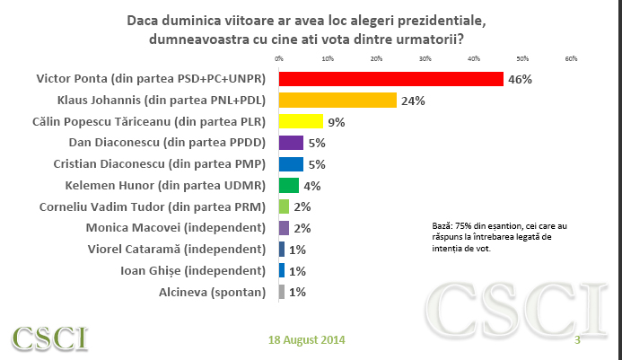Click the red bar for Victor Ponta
tap(390, 79)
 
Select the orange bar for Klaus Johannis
tap(337, 100)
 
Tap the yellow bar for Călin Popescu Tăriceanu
tap(301, 121)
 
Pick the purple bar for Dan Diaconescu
tap(291, 143)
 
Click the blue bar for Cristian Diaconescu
tap(291, 164)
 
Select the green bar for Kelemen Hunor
tap(289, 186)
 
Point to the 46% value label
tap(520, 79)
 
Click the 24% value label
tap(413, 101)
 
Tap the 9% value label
tap(337, 122)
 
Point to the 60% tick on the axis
tap(571, 58)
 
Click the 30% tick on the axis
tap(425, 58)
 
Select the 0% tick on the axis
tap(279, 58)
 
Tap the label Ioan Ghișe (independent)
tap(193, 271)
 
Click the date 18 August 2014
tap(306, 340)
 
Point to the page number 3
tap(577, 340)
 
